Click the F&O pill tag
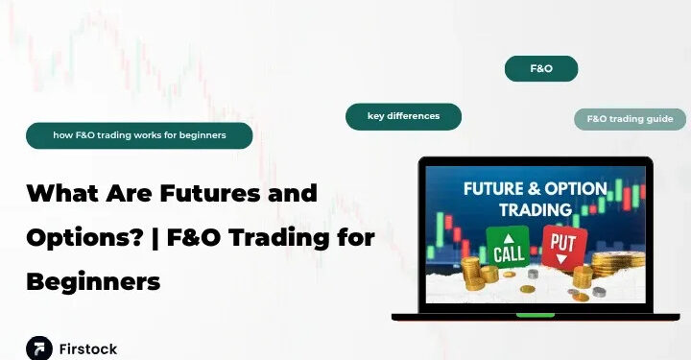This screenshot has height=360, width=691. (541, 69)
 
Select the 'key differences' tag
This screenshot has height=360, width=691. (403, 116)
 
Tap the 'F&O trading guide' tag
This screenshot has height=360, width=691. (631, 120)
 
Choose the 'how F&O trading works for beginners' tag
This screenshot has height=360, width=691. (139, 135)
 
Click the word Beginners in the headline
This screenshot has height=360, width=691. (93, 282)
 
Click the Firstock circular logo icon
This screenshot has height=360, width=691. (39, 348)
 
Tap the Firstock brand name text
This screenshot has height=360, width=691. (88, 348)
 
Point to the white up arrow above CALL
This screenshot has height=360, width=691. (508, 236)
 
